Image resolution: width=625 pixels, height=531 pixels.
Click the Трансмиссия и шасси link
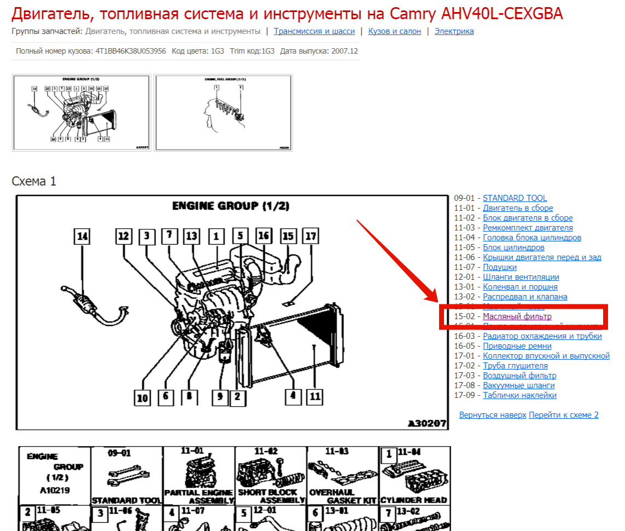(x=314, y=31)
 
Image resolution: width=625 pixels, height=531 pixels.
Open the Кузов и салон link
(x=394, y=31)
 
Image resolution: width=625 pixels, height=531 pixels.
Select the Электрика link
(x=454, y=31)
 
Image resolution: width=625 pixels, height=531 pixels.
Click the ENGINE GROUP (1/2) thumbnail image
(x=81, y=113)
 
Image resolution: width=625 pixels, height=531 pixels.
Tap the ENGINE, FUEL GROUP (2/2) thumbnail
(x=223, y=113)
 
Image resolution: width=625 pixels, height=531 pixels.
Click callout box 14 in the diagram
(x=82, y=236)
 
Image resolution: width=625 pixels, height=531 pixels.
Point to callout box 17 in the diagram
(x=311, y=236)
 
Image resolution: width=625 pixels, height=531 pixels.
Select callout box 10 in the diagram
(x=142, y=398)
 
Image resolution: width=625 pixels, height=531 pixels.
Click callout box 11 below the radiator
(x=314, y=396)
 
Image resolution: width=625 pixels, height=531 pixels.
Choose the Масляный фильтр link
(x=517, y=316)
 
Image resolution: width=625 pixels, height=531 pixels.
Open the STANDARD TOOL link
(x=515, y=198)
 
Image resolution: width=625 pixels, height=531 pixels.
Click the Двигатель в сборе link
(x=517, y=208)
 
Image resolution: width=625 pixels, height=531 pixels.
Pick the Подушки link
(x=499, y=267)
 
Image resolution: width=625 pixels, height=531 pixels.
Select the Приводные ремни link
(x=517, y=346)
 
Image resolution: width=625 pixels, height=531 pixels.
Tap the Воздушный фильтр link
(x=519, y=376)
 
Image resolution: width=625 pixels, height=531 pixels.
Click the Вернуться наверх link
(x=492, y=415)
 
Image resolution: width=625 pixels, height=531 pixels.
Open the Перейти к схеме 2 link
(x=563, y=415)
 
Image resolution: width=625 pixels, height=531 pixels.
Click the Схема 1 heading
(x=34, y=181)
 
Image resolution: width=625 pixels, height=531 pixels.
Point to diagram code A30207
(x=427, y=424)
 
